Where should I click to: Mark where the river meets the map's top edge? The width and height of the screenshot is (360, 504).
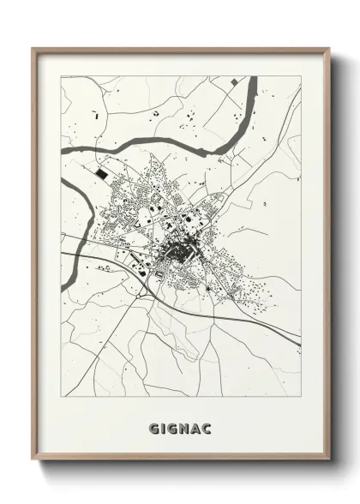pyautogui.click(x=252, y=78)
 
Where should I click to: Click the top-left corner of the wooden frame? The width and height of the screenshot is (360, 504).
pyautogui.click(x=33, y=48)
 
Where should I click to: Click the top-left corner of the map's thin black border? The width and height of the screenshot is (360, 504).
pyautogui.click(x=58, y=77)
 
